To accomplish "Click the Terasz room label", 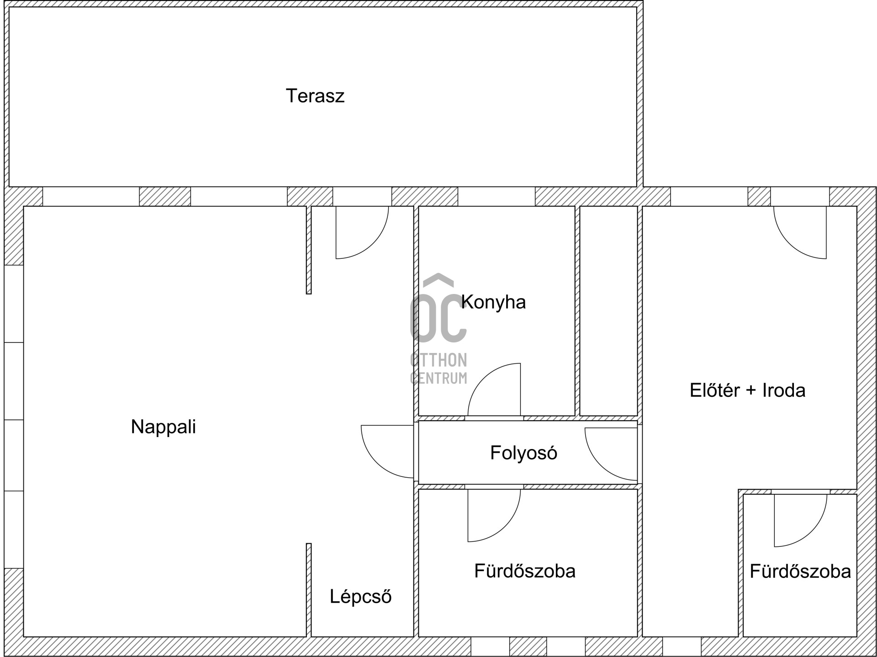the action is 315,96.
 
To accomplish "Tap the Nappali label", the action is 163,427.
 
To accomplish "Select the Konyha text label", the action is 493,302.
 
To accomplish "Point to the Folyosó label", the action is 523,453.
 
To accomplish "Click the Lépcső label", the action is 360,597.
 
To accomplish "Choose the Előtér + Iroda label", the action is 747,390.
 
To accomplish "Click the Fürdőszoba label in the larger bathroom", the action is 524,571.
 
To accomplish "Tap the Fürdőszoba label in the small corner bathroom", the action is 800,572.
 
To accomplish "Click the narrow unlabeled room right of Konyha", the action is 608,311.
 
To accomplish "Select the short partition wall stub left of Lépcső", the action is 309,590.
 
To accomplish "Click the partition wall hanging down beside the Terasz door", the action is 309,250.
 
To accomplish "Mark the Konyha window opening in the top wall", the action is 497,197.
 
